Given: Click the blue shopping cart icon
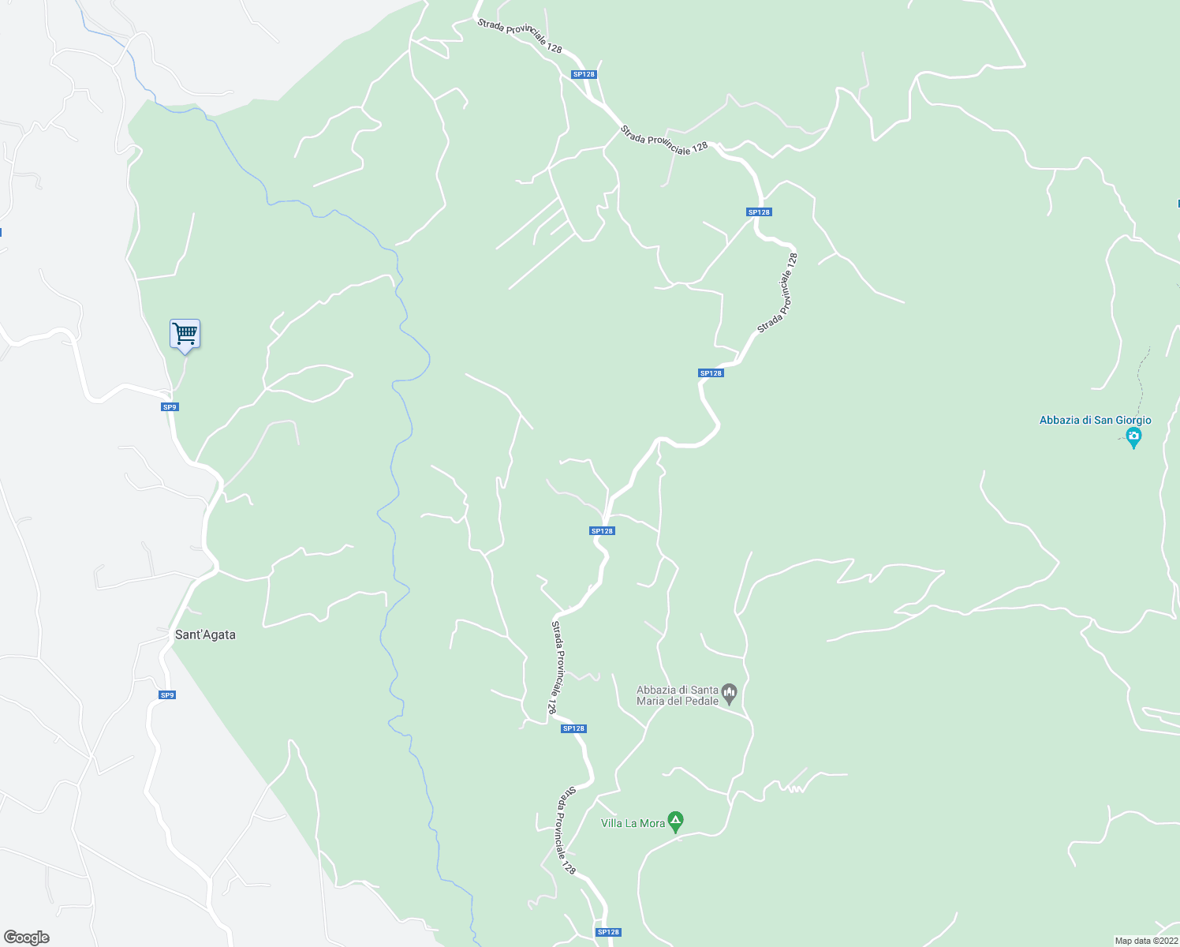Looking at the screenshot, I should (x=185, y=334).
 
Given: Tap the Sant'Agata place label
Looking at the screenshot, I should (x=205, y=634).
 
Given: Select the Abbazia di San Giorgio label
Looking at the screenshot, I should (x=1095, y=421).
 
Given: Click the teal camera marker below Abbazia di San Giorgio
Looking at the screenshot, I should (x=1133, y=436).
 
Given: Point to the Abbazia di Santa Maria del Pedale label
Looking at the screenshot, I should (x=678, y=695).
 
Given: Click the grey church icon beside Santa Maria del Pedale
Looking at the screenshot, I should (x=730, y=694).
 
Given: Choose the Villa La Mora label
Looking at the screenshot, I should (x=633, y=823).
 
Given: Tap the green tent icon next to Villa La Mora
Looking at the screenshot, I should (x=675, y=822).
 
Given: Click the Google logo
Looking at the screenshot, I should (x=27, y=937).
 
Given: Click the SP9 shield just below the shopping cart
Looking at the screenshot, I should (x=170, y=407).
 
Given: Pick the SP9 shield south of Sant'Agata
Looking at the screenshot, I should (x=166, y=695).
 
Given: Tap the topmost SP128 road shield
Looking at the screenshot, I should (x=584, y=74).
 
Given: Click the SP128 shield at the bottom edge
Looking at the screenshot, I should (x=608, y=932).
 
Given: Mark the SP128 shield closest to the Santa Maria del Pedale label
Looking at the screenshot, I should (x=573, y=728).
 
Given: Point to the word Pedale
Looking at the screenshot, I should (x=701, y=701).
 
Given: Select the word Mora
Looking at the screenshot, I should (x=652, y=823).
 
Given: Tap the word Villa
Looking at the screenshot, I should (x=611, y=823).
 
